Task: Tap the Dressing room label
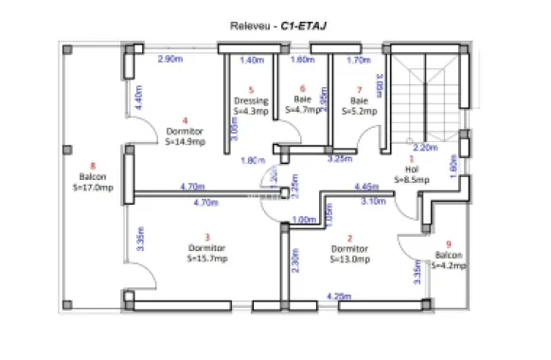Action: pos(251,100)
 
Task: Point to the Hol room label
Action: pos(411,170)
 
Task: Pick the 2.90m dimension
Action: pos(169,60)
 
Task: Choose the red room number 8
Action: pos(93,165)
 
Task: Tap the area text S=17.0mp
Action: pos(93,188)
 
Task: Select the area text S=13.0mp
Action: pos(349,258)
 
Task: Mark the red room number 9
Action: pos(448,243)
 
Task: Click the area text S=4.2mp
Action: pos(449,266)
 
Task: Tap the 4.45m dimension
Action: pos(366,187)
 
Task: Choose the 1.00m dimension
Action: pos(304,221)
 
